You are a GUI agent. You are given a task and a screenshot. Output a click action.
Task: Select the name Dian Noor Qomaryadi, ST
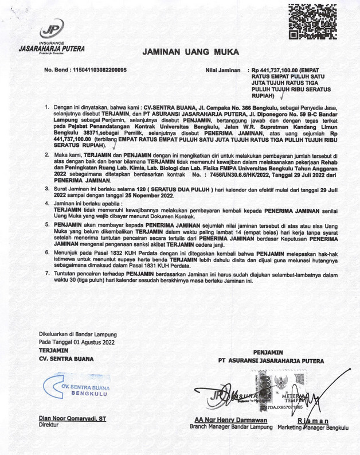click(72, 419)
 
